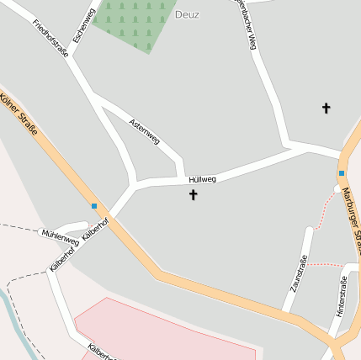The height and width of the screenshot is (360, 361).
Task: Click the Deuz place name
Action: pos(187,14)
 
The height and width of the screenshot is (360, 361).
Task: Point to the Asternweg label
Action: pos(144,131)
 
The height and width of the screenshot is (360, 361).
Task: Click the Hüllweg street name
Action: pos(203,179)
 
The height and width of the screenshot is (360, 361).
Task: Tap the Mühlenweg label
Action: pos(61,237)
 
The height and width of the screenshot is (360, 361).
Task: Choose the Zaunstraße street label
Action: pos(299,273)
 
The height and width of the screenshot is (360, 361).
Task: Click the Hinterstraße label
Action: pos(341,299)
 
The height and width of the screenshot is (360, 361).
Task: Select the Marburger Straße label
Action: pos(350,219)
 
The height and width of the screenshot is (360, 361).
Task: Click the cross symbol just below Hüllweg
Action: pos(193,195)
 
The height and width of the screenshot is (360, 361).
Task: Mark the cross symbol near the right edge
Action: pos(326,108)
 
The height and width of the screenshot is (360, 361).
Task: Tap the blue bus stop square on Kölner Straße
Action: pos(94,206)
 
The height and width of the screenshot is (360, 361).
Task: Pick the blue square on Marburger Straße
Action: pos(342,173)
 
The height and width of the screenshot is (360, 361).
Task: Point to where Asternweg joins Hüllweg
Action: pos(183,177)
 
